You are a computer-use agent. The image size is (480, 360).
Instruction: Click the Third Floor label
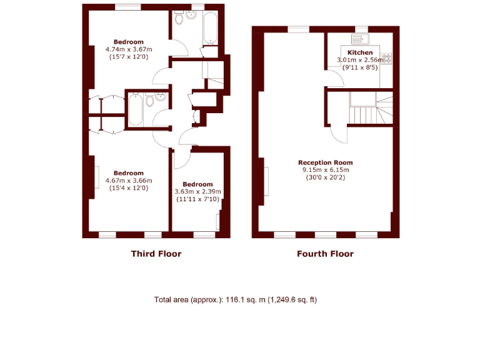[156, 254]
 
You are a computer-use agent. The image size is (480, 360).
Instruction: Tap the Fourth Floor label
[325, 254]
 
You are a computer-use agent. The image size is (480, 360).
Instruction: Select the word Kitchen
[360, 52]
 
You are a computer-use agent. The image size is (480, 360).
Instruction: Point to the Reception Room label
[326, 162]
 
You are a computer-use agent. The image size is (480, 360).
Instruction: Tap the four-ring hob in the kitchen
[386, 59]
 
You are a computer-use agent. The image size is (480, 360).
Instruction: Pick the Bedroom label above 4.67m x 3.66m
[128, 173]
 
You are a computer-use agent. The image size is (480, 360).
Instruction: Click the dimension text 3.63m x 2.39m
[198, 191]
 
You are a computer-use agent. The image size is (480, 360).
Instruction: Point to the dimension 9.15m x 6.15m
[326, 169]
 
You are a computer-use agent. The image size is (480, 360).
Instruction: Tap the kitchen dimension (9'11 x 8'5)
[360, 67]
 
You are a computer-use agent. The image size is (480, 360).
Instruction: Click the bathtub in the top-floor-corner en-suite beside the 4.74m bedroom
[208, 28]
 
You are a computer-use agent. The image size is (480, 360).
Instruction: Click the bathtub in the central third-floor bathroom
[136, 112]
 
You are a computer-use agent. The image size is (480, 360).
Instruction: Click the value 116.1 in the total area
[232, 300]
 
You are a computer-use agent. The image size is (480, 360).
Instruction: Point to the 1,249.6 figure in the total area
[284, 300]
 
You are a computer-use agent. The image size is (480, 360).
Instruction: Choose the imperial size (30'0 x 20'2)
[326, 177]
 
